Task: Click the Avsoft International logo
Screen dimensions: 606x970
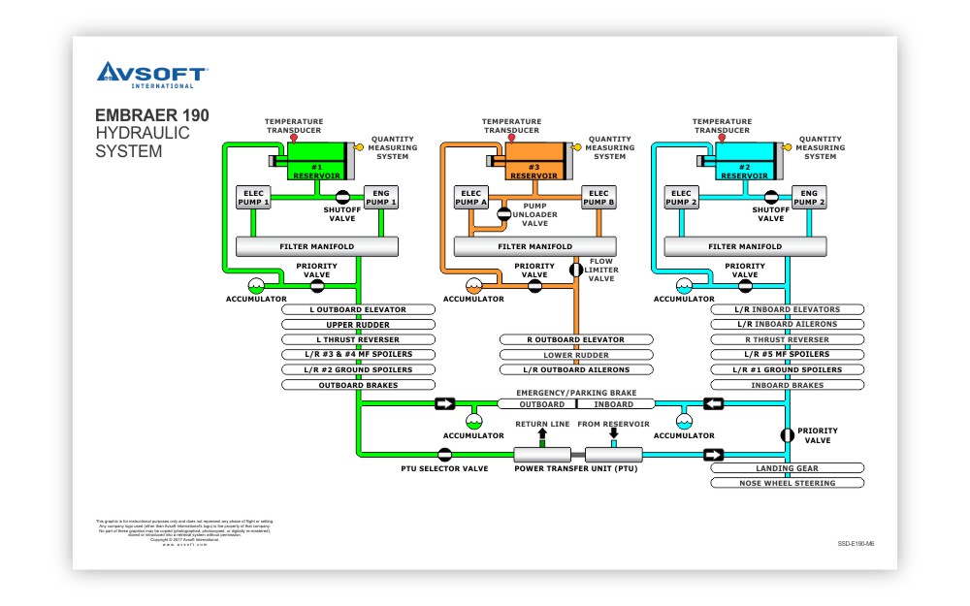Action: tap(150, 75)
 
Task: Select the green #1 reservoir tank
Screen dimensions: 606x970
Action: tap(317, 161)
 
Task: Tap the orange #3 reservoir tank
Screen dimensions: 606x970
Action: tap(534, 161)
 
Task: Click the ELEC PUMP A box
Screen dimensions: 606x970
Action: tap(471, 198)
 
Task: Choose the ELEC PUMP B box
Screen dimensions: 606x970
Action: tap(598, 198)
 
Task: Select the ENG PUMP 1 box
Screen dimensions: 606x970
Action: tap(381, 198)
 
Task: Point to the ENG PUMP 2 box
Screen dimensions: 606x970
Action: tap(809, 198)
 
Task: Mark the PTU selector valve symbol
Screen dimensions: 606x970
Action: tap(444, 454)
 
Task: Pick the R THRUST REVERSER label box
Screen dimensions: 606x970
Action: tap(787, 339)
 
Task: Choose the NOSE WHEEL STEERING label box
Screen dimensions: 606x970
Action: tap(787, 482)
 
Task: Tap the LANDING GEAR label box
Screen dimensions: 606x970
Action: tap(787, 468)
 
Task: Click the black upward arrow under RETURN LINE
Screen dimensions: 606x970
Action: tap(542, 433)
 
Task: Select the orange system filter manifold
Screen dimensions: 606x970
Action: tap(534, 247)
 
